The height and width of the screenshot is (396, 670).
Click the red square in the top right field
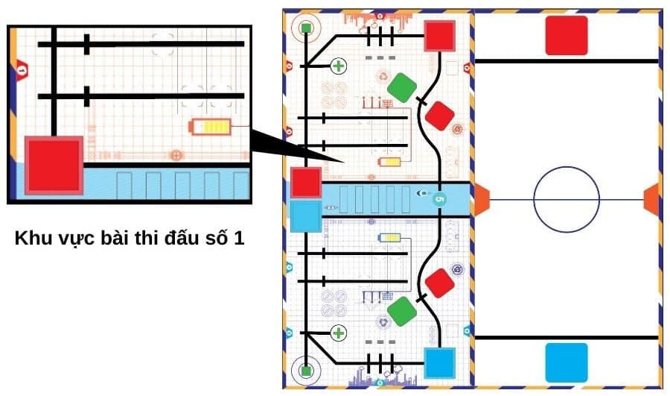pos(567,35)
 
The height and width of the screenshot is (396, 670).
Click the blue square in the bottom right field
pos(567,362)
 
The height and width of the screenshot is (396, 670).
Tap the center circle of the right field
pos(566,199)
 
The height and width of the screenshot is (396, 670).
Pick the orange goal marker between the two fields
pos(481,199)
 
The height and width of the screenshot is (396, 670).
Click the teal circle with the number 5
pos(438,199)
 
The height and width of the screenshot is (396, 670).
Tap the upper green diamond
pos(402,87)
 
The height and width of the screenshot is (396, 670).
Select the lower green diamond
pos(402,311)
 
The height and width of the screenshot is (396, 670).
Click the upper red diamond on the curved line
pos(440,115)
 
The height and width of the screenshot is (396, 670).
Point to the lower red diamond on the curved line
pos(440,283)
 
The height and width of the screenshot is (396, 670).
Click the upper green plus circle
pos(339,66)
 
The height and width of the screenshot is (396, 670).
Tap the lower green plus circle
pos(339,333)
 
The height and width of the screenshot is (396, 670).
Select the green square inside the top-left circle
pos(306,28)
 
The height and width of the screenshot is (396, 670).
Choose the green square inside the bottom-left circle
pos(306,369)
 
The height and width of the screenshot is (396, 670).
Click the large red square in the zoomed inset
pos(53,165)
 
